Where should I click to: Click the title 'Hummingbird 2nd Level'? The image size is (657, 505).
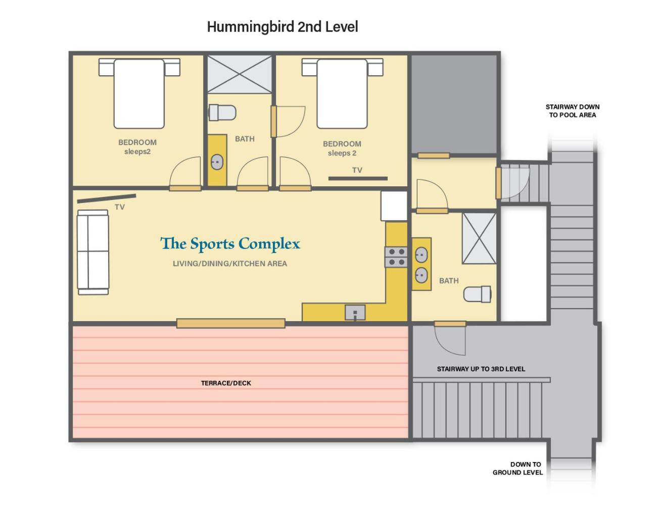click(x=282, y=27)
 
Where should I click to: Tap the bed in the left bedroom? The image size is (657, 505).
click(x=139, y=93)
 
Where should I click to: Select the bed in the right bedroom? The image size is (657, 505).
click(x=342, y=93)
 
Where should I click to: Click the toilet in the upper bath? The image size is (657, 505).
click(x=222, y=112)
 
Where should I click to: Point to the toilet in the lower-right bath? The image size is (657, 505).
click(x=478, y=294)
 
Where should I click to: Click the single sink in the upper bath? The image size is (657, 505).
click(x=217, y=162)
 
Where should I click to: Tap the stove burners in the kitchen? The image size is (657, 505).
click(x=396, y=257)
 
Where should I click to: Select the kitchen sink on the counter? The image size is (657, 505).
click(x=355, y=312)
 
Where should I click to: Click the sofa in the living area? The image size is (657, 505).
click(x=93, y=252)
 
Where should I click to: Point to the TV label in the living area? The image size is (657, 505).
click(x=120, y=207)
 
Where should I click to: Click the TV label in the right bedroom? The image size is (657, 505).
click(x=357, y=170)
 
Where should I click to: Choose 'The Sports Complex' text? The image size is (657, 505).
click(x=230, y=244)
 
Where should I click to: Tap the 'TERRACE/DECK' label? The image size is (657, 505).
click(x=226, y=383)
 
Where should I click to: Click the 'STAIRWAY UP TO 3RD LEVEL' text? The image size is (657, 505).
click(x=481, y=369)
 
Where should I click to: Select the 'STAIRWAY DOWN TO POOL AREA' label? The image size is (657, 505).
click(x=572, y=111)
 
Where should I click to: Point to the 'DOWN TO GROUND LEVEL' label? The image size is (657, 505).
click(x=518, y=468)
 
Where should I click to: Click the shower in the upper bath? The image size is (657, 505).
click(x=240, y=74)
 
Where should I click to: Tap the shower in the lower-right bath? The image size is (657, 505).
click(x=479, y=238)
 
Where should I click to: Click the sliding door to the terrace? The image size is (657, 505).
click(x=230, y=323)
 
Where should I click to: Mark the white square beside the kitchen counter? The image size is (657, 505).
click(x=394, y=206)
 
